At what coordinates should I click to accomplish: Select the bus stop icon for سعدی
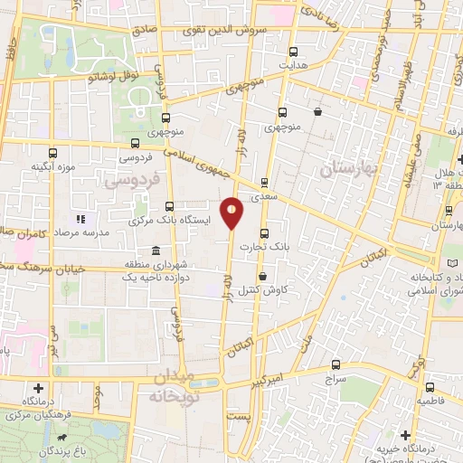point(264,182)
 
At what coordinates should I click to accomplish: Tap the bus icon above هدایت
point(292,52)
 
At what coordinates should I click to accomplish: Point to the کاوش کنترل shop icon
point(262,277)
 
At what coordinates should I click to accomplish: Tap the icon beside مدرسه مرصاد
point(80,219)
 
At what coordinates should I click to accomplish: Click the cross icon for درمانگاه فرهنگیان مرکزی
point(38,387)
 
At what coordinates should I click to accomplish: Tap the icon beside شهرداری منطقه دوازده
point(156,250)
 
